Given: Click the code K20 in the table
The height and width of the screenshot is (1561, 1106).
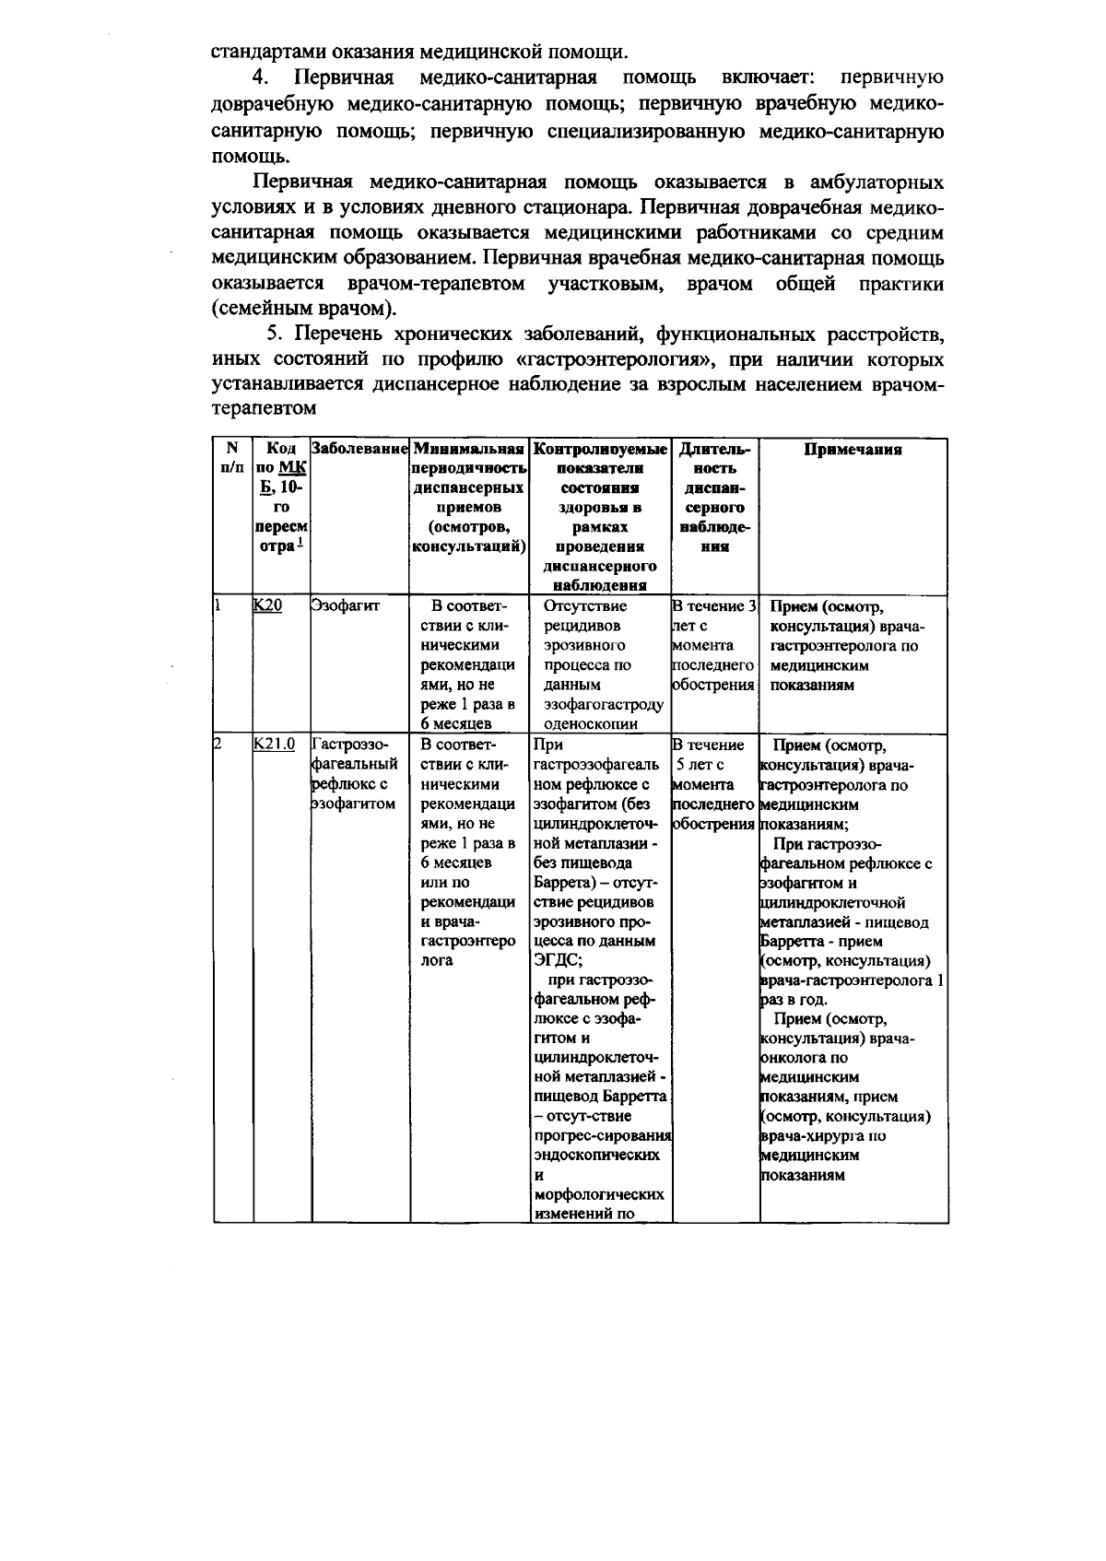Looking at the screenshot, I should click(267, 605).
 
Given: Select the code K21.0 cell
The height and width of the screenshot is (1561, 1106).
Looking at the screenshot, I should click(274, 744).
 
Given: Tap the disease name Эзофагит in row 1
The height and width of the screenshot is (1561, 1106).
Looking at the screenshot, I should click(345, 605).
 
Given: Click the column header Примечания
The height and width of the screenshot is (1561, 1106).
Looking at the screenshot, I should click(853, 450).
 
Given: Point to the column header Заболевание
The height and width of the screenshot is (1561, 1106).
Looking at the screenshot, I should click(359, 449).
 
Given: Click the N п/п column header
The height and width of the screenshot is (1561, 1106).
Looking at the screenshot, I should click(232, 458).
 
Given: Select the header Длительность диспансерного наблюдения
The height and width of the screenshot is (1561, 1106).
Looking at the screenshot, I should click(714, 498).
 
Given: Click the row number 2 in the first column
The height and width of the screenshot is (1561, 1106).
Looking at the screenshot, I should click(218, 744).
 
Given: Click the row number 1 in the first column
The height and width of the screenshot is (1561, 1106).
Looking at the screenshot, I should click(218, 605).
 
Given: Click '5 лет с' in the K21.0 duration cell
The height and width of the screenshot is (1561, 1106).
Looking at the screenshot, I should click(700, 764).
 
